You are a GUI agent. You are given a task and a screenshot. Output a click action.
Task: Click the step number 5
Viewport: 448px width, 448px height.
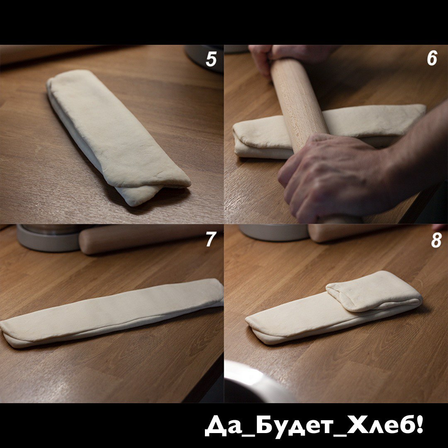211,59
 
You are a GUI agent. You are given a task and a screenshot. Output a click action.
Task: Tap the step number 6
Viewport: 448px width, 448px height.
432,58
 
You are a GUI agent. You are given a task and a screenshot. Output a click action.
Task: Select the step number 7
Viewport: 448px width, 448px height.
211,239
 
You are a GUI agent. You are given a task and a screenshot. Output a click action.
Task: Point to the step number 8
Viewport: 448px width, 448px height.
436,240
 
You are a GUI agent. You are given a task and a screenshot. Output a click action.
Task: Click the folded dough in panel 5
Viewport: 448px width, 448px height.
117,137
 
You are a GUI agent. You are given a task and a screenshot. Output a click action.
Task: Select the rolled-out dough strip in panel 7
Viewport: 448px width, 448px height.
112,313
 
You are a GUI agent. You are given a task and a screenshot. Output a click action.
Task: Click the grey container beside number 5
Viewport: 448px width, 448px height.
204,57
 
